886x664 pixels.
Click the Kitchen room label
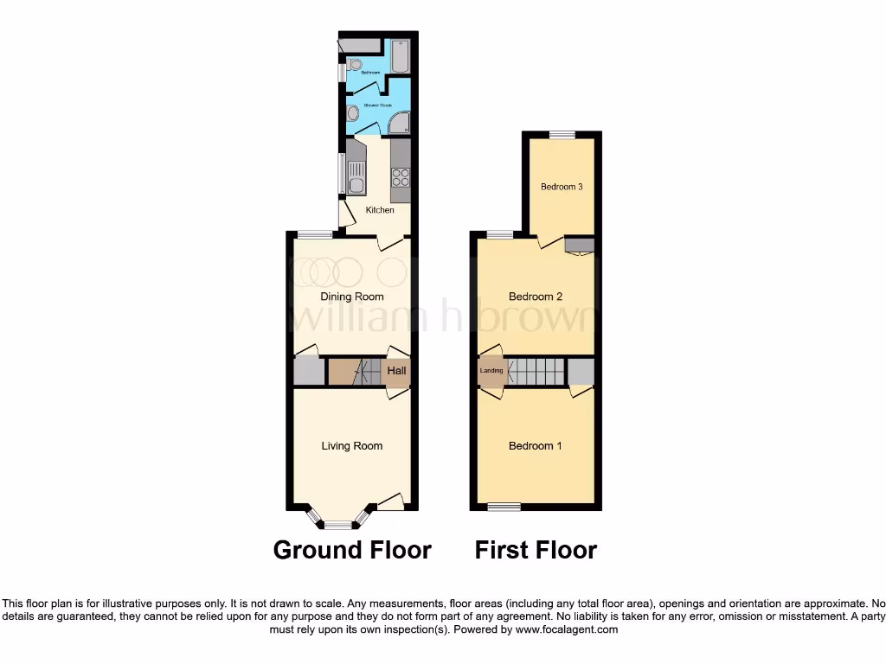380,210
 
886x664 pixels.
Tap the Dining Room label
352,297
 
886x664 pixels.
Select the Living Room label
352,446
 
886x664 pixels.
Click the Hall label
397,372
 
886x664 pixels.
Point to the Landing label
491,371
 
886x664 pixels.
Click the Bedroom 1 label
536,446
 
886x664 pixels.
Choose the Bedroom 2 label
536,297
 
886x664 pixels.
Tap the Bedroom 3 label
562,187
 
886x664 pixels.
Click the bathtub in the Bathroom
401,56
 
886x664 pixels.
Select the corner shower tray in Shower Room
400,124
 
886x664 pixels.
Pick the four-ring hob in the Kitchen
401,177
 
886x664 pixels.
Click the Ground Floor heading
352,550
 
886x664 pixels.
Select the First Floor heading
536,550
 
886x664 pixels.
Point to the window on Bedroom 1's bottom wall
503,507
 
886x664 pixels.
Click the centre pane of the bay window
338,525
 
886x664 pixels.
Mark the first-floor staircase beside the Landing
536,372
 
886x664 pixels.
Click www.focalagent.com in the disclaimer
568,630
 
